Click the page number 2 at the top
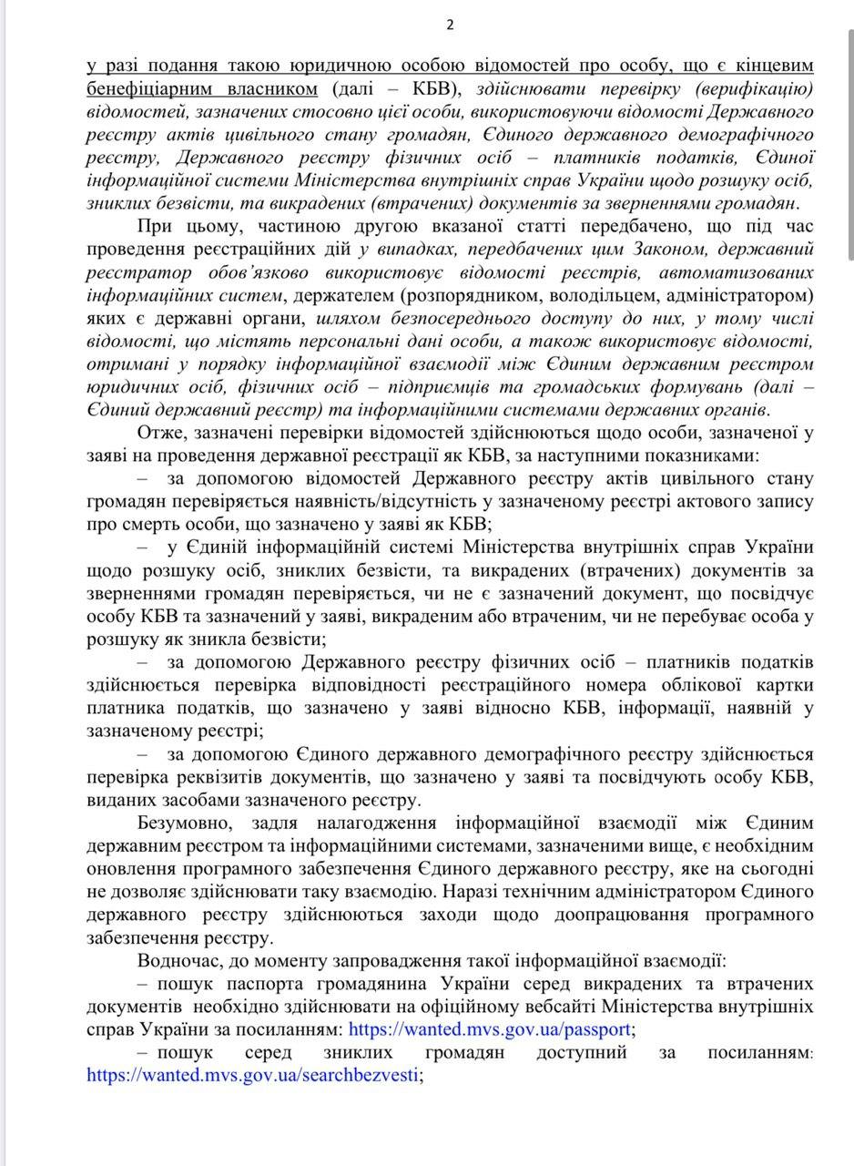click(450, 25)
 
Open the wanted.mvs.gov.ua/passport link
click(490, 1029)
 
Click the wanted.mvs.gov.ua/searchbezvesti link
click(253, 1075)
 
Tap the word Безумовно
click(179, 823)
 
